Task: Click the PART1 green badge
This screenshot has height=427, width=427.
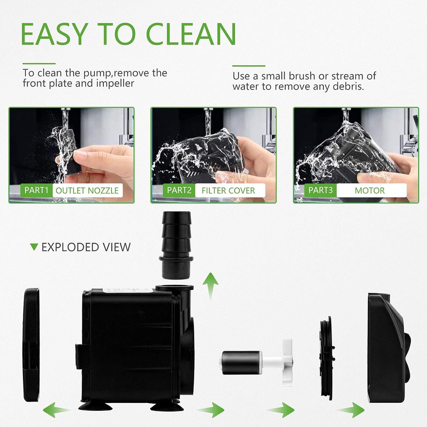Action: pos(36,190)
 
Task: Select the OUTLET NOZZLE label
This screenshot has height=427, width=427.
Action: pos(87,191)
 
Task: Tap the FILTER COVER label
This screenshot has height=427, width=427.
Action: pos(228,191)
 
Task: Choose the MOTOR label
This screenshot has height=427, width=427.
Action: pos(370,191)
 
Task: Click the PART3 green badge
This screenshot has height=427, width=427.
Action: pos(320,190)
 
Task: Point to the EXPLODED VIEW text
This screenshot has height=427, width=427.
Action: pos(86,247)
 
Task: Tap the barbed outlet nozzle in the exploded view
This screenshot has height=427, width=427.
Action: pos(176,245)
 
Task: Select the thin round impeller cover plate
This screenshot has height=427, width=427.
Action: pos(327,358)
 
